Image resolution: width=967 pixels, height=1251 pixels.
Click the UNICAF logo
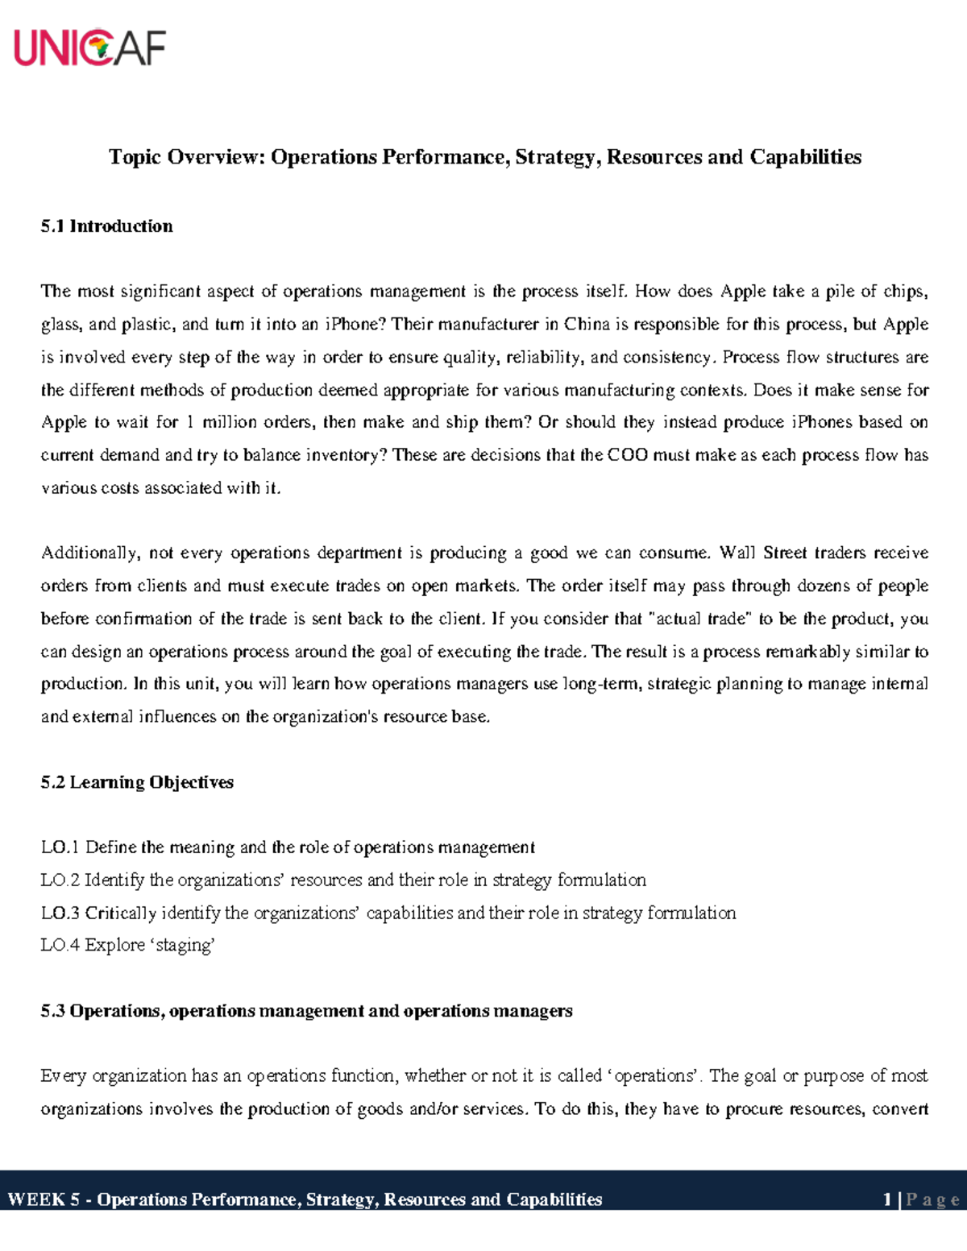[89, 48]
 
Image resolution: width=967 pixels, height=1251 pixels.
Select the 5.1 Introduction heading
[106, 226]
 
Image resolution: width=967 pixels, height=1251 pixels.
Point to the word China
[587, 325]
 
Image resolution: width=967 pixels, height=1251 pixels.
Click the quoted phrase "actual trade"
[699, 619]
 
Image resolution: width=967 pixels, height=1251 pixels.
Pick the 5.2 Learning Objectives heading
[137, 782]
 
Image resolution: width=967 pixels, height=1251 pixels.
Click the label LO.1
[60, 847]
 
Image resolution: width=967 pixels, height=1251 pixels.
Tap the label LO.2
[60, 880]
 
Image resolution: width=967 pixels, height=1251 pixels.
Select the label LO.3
[60, 913]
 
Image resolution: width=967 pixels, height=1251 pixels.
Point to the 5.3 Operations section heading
[306, 1011]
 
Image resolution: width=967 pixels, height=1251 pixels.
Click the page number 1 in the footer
[887, 1199]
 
